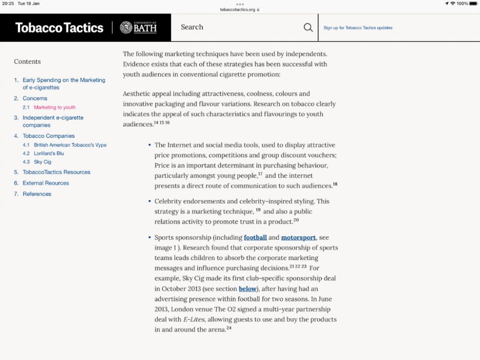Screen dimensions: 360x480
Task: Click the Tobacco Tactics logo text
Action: pos(59,28)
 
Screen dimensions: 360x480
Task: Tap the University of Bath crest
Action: pos(126,27)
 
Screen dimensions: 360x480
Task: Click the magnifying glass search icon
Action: pos(308,28)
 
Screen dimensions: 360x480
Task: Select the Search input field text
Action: pos(192,27)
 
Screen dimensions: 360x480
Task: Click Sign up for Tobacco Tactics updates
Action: pos(358,28)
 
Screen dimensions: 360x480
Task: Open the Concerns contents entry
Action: pos(35,98)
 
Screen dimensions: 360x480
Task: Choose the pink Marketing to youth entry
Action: pos(55,108)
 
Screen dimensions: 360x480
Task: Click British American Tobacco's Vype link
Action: pos(70,145)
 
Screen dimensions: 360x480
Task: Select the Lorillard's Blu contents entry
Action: pos(49,154)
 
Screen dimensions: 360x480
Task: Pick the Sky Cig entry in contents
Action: pos(43,162)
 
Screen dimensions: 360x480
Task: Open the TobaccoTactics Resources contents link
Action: pos(56,172)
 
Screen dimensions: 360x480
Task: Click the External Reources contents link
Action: pos(46,183)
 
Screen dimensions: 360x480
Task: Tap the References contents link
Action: pos(37,194)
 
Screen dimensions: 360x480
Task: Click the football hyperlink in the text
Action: pos(255,238)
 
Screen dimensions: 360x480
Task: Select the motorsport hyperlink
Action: pos(299,238)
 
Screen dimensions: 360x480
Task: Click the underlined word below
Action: pos(248,289)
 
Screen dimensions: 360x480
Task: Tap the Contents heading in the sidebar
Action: pos(27,61)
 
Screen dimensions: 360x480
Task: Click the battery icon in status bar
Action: pos(474,3)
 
